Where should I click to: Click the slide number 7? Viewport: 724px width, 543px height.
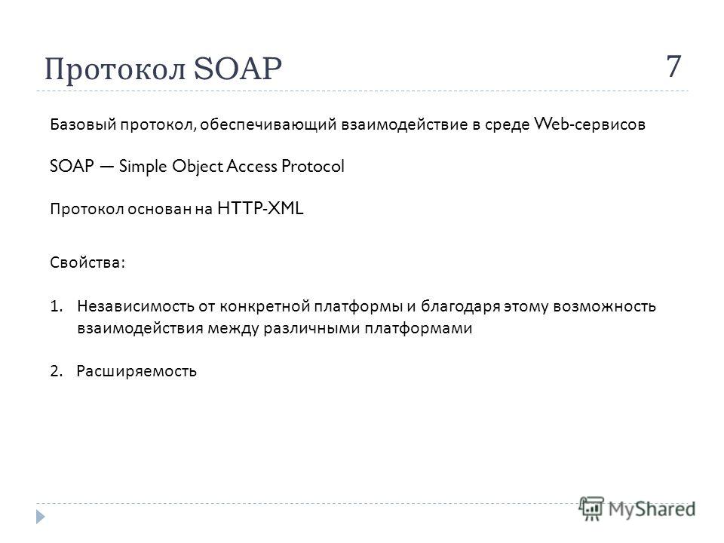click(673, 66)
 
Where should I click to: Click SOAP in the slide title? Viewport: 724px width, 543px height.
click(238, 69)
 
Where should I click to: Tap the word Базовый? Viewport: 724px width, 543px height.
click(83, 124)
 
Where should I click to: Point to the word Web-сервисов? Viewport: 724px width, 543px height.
click(590, 124)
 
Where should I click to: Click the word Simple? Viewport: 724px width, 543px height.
click(143, 167)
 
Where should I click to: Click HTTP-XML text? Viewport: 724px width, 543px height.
click(260, 208)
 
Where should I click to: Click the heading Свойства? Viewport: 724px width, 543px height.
click(87, 262)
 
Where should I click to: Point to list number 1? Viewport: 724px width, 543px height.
click(56, 306)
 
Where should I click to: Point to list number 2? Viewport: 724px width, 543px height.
click(56, 371)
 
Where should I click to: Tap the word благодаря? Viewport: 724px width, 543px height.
click(460, 307)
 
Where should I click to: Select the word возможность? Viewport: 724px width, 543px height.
click(604, 307)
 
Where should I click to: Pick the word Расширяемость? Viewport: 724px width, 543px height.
click(137, 371)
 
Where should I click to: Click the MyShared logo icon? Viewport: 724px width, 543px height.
click(591, 508)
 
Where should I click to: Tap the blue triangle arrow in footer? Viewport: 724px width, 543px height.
click(41, 517)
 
